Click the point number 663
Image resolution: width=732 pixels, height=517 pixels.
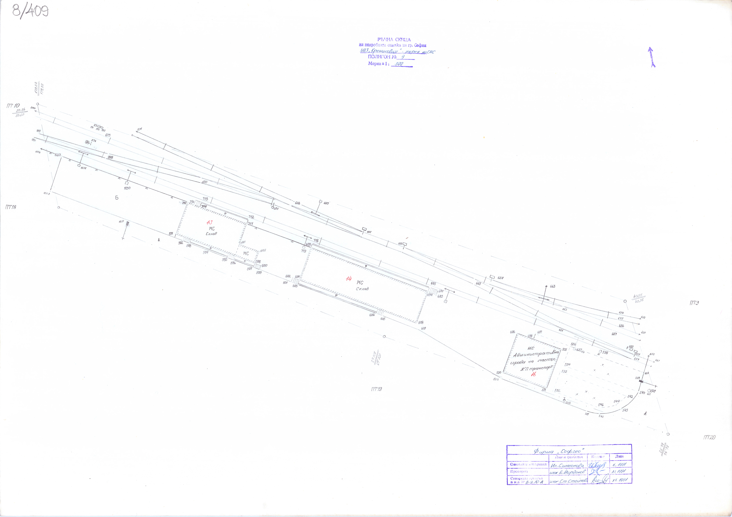point(553,286)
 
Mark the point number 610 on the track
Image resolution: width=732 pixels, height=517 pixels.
point(204,182)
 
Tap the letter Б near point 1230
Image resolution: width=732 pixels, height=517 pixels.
point(117,198)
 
